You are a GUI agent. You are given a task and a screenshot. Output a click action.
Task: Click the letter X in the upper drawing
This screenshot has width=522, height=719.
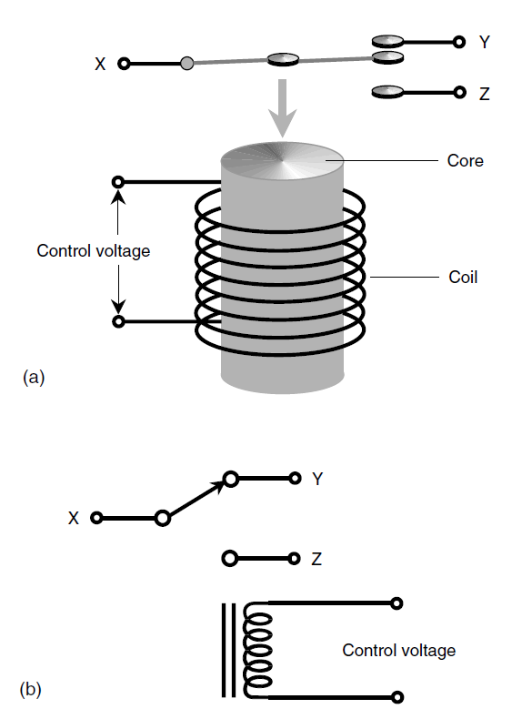(100, 64)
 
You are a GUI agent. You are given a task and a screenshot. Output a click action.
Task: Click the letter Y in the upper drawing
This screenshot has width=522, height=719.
(485, 42)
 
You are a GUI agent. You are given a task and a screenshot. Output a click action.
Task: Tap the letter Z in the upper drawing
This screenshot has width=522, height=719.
(485, 94)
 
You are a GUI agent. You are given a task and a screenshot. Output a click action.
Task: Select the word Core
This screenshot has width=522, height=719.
(466, 160)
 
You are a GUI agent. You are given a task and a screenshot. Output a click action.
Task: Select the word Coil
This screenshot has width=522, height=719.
(463, 277)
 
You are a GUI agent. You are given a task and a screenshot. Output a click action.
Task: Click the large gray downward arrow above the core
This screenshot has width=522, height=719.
(282, 107)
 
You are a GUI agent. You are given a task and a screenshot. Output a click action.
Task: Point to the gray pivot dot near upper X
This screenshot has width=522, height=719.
(186, 64)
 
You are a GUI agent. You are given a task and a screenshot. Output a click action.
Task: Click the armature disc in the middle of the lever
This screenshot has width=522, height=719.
(283, 59)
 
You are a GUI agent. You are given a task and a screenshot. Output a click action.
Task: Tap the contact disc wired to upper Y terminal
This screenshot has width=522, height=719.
(387, 42)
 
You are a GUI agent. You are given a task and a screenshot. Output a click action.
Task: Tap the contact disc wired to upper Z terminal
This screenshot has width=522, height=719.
(387, 92)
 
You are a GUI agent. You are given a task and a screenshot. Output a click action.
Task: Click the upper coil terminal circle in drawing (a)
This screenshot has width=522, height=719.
(118, 182)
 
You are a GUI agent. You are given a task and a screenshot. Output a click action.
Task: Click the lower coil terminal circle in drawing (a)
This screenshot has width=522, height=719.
(118, 321)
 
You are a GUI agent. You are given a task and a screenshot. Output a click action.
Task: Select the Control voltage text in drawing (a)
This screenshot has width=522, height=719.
(94, 251)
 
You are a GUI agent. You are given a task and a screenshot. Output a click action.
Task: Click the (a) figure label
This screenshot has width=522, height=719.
(34, 377)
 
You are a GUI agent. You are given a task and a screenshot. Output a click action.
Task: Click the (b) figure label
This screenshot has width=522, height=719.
(31, 689)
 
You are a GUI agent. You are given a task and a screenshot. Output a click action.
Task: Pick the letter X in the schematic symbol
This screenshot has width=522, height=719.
(74, 518)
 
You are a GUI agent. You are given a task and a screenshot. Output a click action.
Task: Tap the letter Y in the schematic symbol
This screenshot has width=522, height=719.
(317, 479)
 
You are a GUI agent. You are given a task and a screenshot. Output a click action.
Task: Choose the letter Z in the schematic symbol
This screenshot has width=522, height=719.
(316, 559)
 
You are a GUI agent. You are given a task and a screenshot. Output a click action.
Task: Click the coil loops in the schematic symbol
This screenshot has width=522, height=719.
(257, 651)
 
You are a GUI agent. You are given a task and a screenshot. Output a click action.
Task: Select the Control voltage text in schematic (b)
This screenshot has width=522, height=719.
(398, 650)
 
